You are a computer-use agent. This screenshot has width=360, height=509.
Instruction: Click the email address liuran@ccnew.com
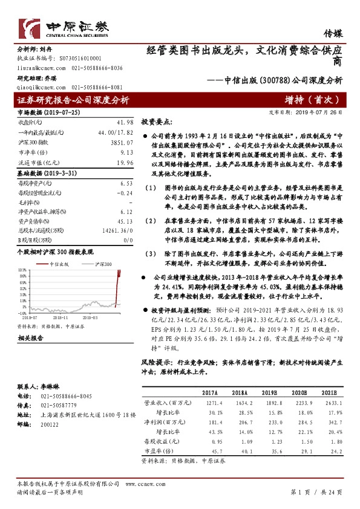tap(39, 70)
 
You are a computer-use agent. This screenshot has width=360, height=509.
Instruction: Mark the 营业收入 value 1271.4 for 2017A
tap(206, 401)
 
